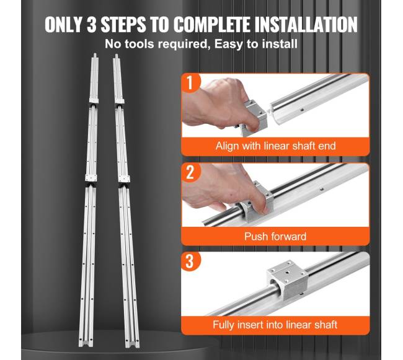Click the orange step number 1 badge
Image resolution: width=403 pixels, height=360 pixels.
click(x=190, y=82)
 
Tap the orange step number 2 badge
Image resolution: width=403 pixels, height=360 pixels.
click(x=190, y=172)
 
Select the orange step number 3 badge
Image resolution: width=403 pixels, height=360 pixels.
click(x=190, y=261)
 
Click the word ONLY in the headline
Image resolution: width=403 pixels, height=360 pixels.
click(x=63, y=25)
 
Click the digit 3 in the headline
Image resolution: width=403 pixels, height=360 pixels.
click(x=91, y=25)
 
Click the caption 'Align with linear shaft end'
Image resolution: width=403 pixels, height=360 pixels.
click(x=275, y=146)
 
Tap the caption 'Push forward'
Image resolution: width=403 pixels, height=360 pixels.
click(x=275, y=236)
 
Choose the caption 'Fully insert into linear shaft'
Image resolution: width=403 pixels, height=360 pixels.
click(x=275, y=325)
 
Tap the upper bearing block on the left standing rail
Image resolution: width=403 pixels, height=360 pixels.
click(x=94, y=100)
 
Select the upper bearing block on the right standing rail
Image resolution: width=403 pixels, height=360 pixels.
click(x=120, y=100)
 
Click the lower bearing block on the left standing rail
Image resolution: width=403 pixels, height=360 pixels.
click(x=91, y=178)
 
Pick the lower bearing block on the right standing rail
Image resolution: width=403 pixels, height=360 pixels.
click(x=125, y=178)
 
